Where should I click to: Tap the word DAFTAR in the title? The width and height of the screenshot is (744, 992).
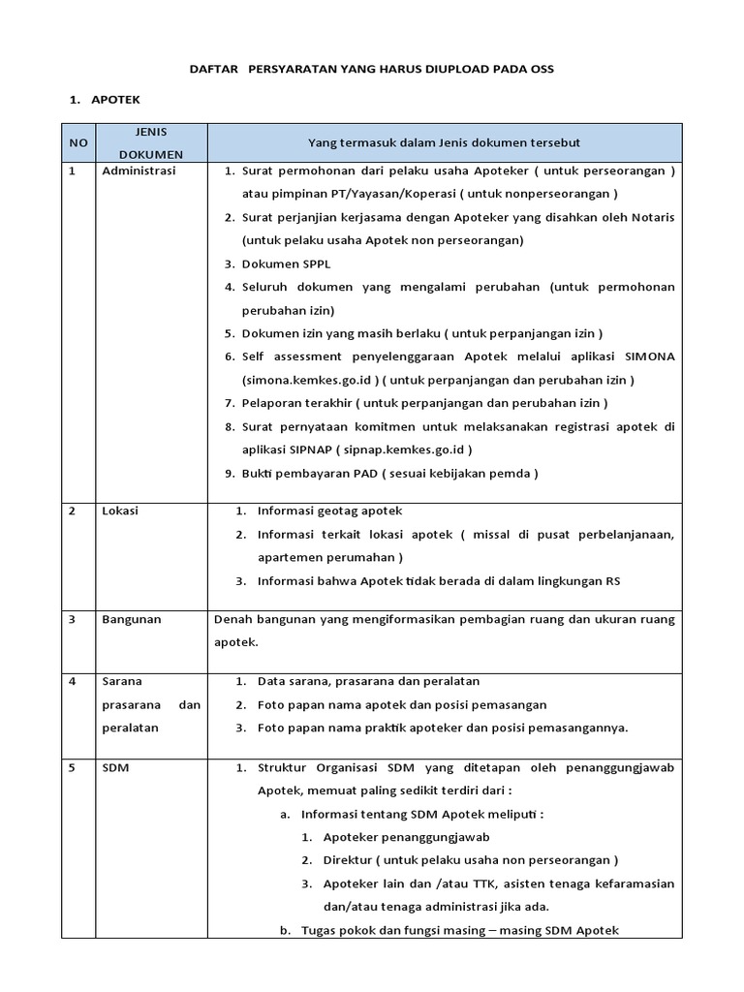[x=212, y=70]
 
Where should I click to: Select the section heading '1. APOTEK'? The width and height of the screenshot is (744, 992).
[x=106, y=100]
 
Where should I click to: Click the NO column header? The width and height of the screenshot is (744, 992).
[x=78, y=142]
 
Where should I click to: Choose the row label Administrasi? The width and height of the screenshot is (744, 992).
[x=138, y=171]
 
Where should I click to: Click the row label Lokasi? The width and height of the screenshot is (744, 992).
[x=120, y=511]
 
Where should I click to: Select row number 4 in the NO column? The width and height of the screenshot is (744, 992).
[x=73, y=681]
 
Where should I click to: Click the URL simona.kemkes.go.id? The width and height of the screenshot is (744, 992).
[x=301, y=380]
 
